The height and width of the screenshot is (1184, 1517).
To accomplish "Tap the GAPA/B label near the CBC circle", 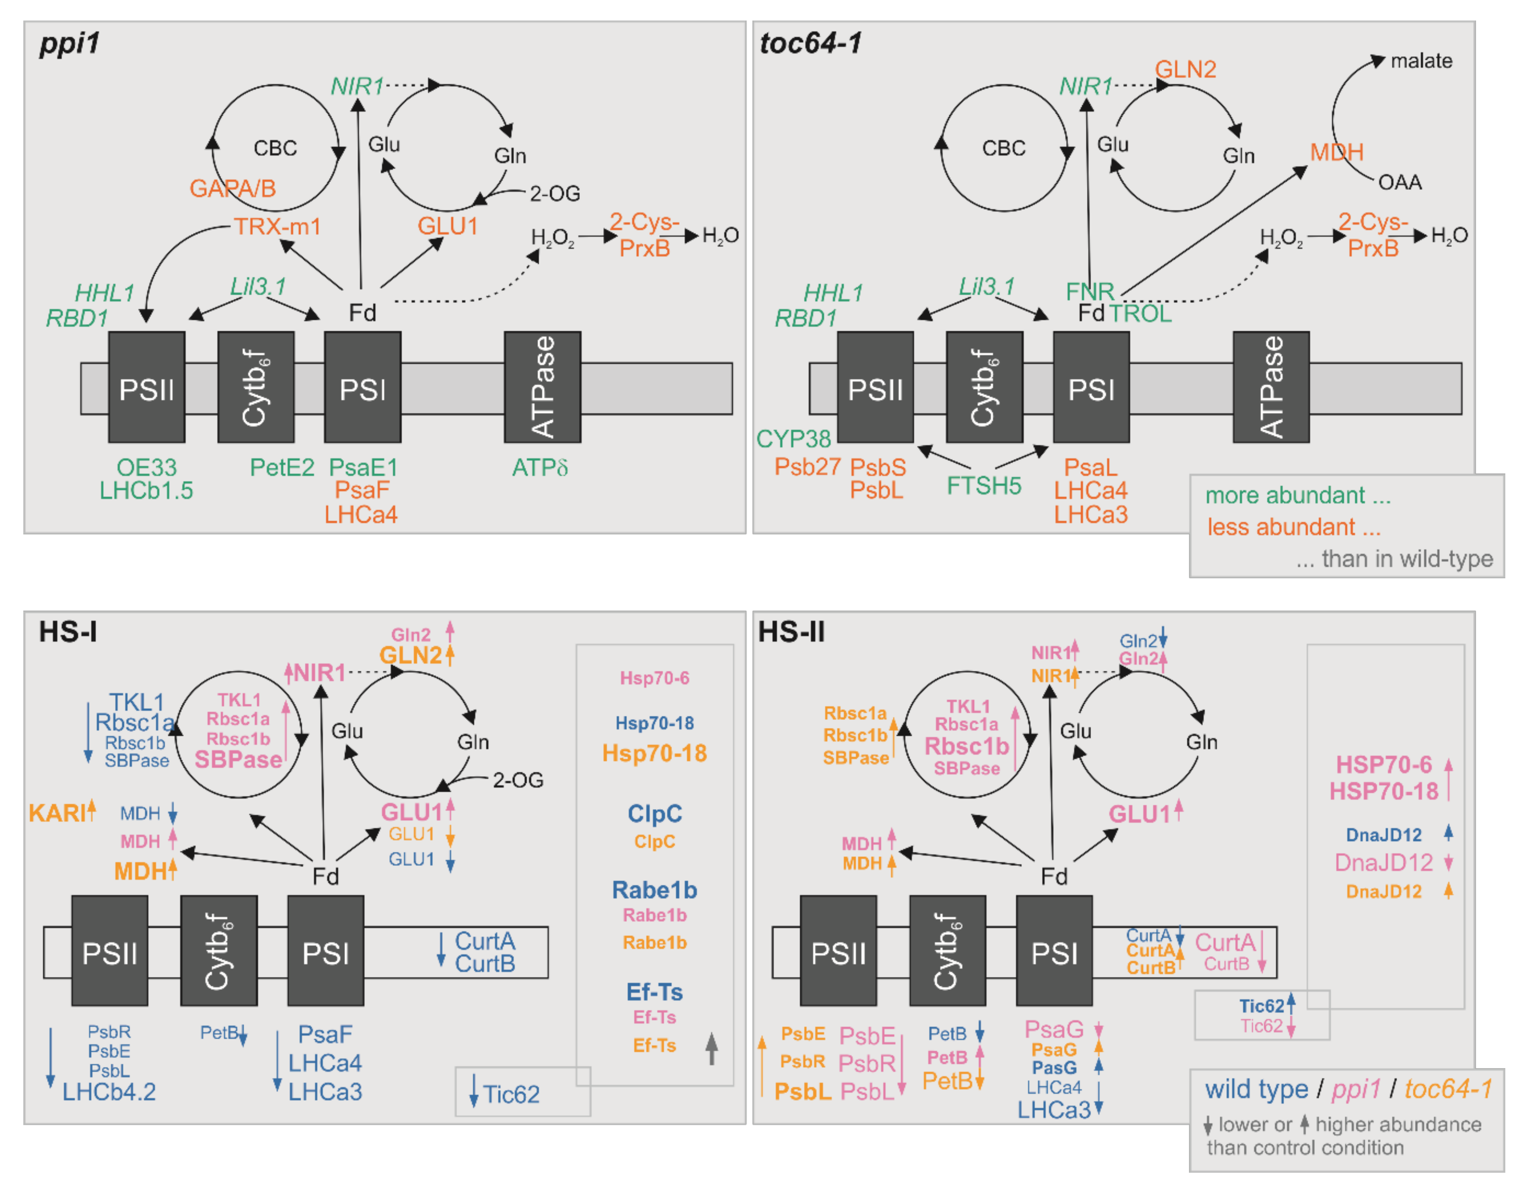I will coord(233,188).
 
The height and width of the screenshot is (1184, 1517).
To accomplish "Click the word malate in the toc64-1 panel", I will coord(1421,61).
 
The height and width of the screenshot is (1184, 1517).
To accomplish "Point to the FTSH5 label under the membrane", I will coord(984,485).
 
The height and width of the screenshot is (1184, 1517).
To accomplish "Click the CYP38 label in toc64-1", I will coord(793,439).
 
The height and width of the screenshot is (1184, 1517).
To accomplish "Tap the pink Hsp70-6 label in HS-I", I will coord(654,678).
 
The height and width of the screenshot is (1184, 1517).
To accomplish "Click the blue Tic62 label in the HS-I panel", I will coord(511,1094).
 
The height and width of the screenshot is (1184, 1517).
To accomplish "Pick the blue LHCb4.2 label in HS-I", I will coord(109,1092).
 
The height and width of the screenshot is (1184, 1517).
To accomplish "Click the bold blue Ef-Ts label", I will coord(654,992).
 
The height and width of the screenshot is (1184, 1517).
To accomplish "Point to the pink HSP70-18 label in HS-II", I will coord(1383,791).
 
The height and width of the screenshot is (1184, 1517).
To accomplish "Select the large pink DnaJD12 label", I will coord(1383,863).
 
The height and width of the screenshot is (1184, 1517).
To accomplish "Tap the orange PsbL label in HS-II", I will coord(803,1091).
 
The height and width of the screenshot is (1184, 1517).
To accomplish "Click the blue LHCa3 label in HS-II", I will coord(1054,1110).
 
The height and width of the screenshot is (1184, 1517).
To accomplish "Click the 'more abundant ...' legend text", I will coord(1297,495).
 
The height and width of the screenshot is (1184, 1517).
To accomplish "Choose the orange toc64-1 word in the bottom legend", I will coord(1448,1089).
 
